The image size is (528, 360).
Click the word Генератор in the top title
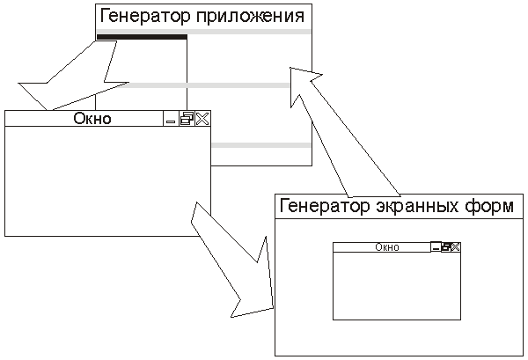[x=140, y=15]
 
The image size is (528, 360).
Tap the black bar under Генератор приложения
[x=142, y=37]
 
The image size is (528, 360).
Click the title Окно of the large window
[x=92, y=119]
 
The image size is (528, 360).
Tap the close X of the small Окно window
[x=456, y=247]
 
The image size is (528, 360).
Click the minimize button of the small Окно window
[x=436, y=247]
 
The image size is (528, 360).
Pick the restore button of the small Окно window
[x=446, y=247]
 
